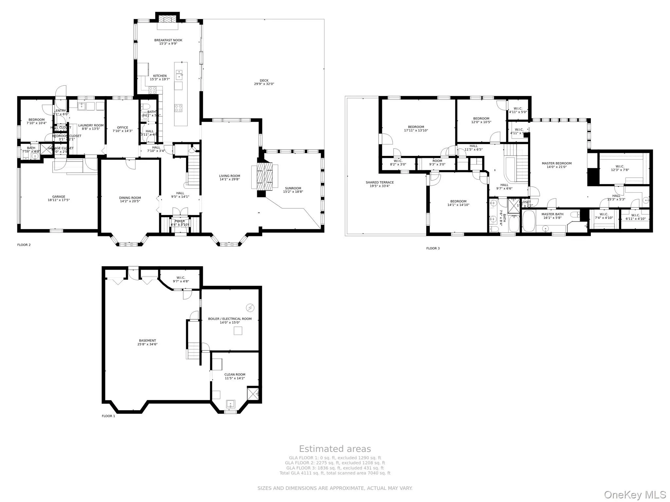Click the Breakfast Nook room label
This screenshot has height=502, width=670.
[x=168, y=41]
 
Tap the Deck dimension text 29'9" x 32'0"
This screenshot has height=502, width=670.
[x=264, y=84]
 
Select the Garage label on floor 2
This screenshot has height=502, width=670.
[x=59, y=197]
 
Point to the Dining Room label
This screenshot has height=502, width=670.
[x=130, y=198]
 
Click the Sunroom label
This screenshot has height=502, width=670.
[x=293, y=188]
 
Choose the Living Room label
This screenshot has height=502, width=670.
[x=229, y=176]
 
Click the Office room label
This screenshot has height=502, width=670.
[x=123, y=127]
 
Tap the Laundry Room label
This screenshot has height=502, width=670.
[x=91, y=125]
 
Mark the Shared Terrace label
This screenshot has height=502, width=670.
[x=379, y=182]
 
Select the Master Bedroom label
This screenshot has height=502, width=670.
[x=556, y=163]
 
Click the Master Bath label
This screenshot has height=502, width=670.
[x=552, y=214]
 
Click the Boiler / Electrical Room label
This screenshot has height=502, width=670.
[x=230, y=319]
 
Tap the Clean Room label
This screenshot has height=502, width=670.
[x=235, y=375]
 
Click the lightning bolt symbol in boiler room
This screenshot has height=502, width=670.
[x=250, y=308]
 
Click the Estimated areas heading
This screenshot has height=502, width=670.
[x=335, y=449]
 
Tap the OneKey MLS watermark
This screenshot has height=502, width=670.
[x=635, y=495]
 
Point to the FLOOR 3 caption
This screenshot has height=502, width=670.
[x=433, y=248]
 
